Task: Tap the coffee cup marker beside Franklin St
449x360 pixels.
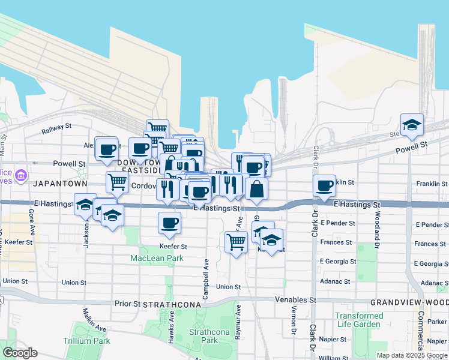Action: (x=324, y=185)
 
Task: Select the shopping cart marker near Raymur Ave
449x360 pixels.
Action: (x=236, y=242)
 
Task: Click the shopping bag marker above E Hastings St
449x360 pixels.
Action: (x=256, y=189)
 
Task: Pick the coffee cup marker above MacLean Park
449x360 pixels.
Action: (x=169, y=223)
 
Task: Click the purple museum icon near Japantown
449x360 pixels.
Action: (x=21, y=175)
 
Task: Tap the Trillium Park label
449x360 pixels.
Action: (x=86, y=340)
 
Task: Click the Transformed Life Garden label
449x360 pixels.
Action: (x=359, y=320)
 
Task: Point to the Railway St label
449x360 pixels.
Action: (x=56, y=128)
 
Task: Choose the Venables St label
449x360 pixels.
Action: (x=295, y=299)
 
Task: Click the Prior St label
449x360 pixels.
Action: (x=128, y=304)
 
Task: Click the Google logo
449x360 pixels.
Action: (x=20, y=353)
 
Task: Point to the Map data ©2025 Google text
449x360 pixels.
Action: (x=412, y=355)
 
